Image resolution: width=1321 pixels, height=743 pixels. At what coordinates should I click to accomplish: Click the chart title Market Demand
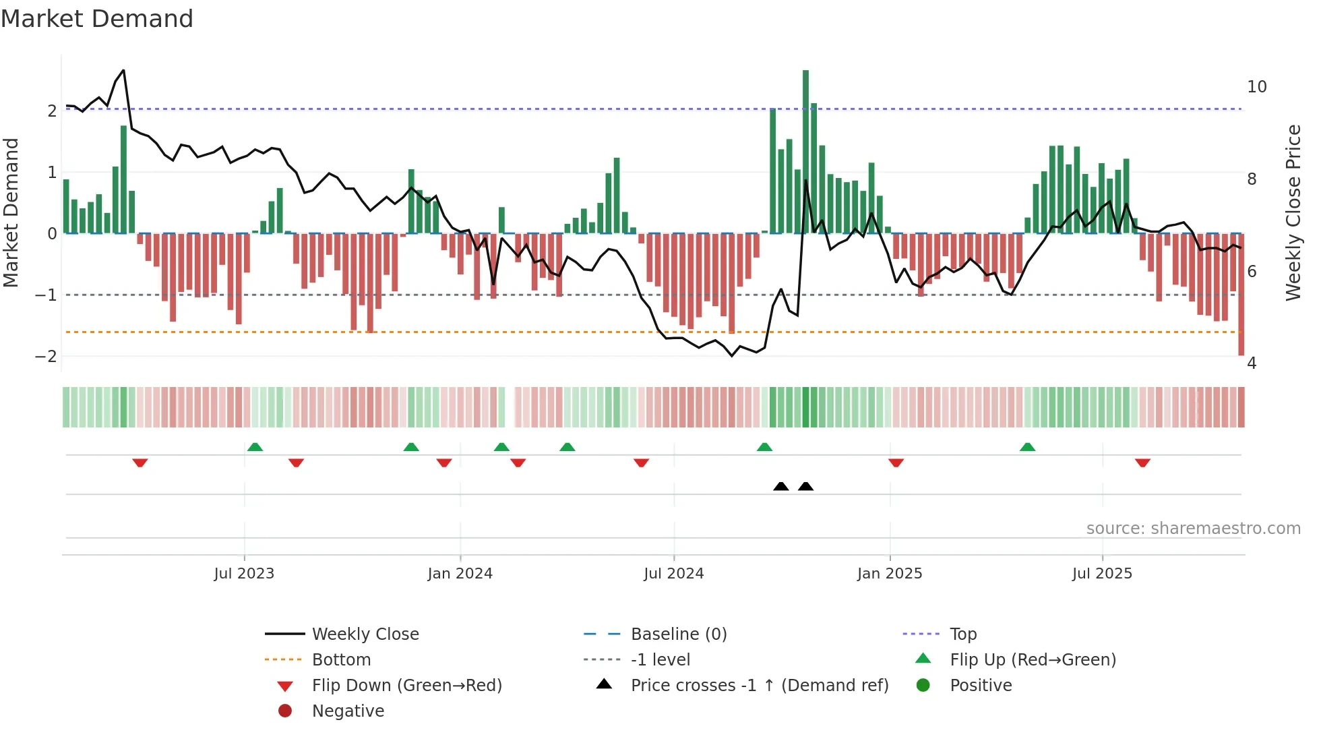click(x=97, y=19)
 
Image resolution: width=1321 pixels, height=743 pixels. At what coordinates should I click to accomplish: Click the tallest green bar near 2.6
click(x=805, y=152)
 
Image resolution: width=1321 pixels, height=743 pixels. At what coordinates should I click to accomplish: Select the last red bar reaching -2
click(x=1241, y=294)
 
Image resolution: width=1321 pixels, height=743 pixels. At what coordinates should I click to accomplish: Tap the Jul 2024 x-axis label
click(x=673, y=574)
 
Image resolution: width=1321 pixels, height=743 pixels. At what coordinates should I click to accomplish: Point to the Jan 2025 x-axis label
click(x=889, y=574)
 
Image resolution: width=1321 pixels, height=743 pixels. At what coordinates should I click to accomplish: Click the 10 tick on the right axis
click(x=1256, y=87)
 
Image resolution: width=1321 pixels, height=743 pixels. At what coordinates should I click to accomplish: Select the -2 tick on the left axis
click(x=47, y=356)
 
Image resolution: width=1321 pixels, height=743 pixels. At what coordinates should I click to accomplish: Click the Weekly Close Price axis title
click(x=1293, y=212)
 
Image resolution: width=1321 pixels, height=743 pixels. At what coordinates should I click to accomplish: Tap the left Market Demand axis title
click(x=11, y=212)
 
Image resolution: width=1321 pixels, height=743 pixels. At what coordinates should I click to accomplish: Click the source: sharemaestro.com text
click(x=1193, y=529)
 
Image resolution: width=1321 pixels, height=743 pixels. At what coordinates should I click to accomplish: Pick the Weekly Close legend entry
click(x=365, y=634)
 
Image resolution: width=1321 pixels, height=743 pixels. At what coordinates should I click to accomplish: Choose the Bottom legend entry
click(x=341, y=660)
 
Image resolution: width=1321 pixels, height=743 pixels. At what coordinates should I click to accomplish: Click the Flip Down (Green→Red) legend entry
click(x=406, y=686)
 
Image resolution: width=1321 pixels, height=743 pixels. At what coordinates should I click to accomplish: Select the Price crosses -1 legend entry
click(x=759, y=686)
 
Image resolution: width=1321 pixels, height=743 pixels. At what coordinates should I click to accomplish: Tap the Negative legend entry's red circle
click(x=285, y=711)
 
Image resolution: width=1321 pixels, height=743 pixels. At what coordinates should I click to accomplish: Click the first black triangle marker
click(x=780, y=486)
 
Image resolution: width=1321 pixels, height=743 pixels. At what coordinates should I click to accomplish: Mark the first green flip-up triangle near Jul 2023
click(x=255, y=447)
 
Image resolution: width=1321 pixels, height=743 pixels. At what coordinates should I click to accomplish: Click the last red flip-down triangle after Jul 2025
click(x=1142, y=463)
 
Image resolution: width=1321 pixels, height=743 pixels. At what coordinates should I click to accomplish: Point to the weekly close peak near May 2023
click(x=123, y=70)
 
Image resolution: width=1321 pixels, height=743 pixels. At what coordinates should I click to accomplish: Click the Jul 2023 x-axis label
click(x=244, y=574)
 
